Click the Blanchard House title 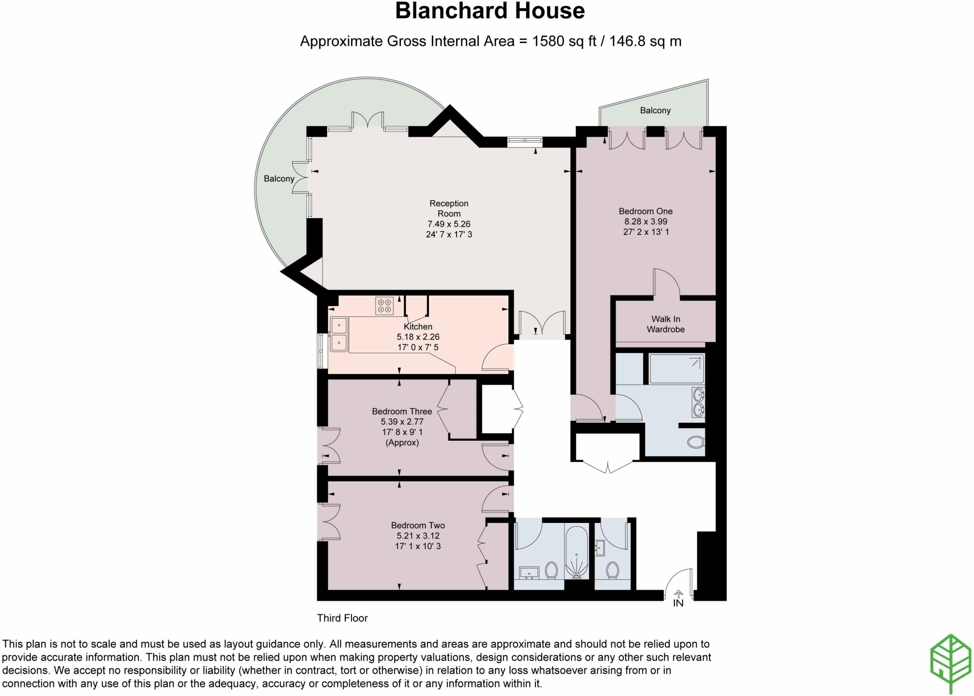coord(489,11)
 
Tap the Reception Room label coord(448,208)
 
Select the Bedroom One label coord(645,211)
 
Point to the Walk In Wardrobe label coord(665,324)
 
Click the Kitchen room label coord(418,327)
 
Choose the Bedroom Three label coord(402,411)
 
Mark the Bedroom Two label coord(418,525)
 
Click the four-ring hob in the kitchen coord(384,306)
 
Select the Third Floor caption coord(342,618)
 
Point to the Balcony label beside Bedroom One coord(655,110)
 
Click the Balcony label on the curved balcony coord(279,179)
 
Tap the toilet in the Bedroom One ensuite coord(696,443)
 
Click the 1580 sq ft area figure coord(564,41)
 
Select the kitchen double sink coord(339,334)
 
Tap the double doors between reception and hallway coord(542,323)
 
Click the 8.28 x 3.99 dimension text coord(645,222)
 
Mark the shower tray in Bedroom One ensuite coord(676,369)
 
